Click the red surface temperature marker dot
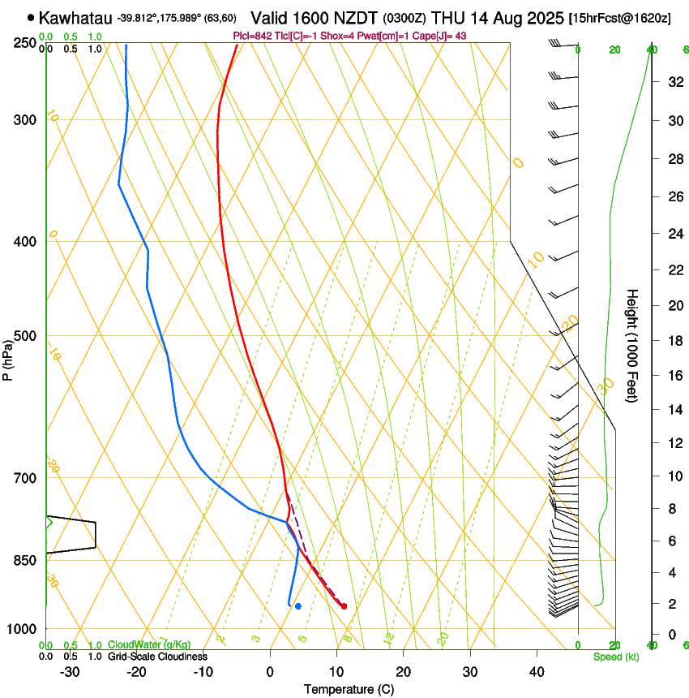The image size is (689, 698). pyautogui.click(x=344, y=606)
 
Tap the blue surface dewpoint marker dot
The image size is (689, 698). pyautogui.click(x=298, y=606)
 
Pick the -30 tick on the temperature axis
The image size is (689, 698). pyautogui.click(x=70, y=672)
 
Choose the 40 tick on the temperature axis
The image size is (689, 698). pyautogui.click(x=537, y=672)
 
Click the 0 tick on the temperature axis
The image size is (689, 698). pyautogui.click(x=270, y=672)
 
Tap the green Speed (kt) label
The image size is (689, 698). pyautogui.click(x=614, y=657)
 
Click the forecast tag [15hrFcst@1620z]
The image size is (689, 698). pyautogui.click(x=619, y=18)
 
